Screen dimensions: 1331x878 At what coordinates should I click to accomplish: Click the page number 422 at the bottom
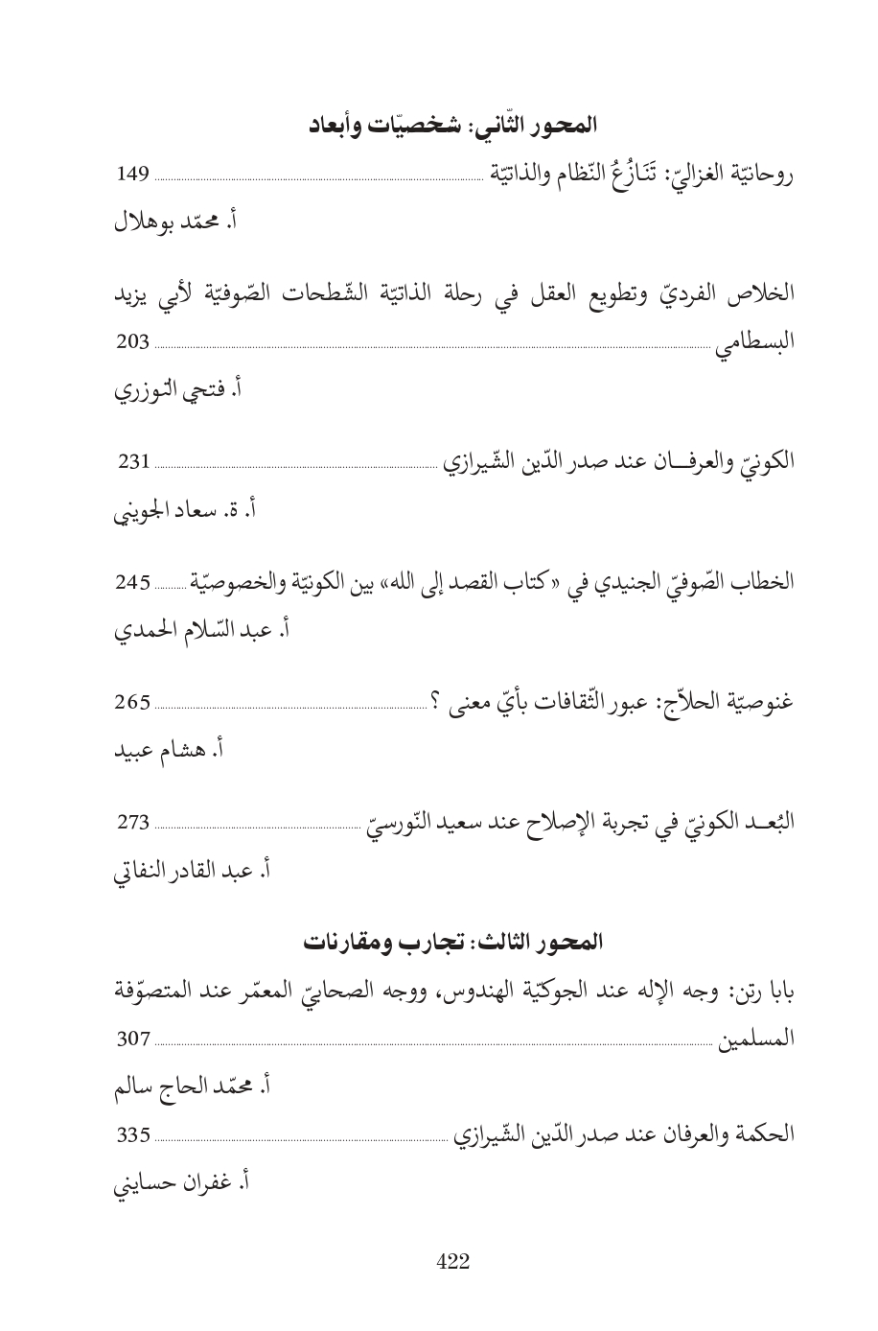452,1262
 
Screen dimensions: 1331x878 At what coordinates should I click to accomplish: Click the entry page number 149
132,175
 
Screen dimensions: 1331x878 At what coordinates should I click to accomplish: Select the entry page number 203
132,344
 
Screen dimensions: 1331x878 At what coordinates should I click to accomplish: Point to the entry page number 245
132,582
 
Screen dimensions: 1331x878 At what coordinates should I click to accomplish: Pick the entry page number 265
132,702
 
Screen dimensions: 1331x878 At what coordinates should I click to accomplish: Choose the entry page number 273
132,822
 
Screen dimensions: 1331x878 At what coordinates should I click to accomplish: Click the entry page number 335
132,1136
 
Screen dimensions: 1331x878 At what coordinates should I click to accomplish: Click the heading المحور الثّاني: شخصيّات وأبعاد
452,126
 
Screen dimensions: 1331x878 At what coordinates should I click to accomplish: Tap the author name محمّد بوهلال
171,223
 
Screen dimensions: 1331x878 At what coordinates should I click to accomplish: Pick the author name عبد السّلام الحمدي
192,631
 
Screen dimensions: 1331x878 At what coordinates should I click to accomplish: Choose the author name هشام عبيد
163,750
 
